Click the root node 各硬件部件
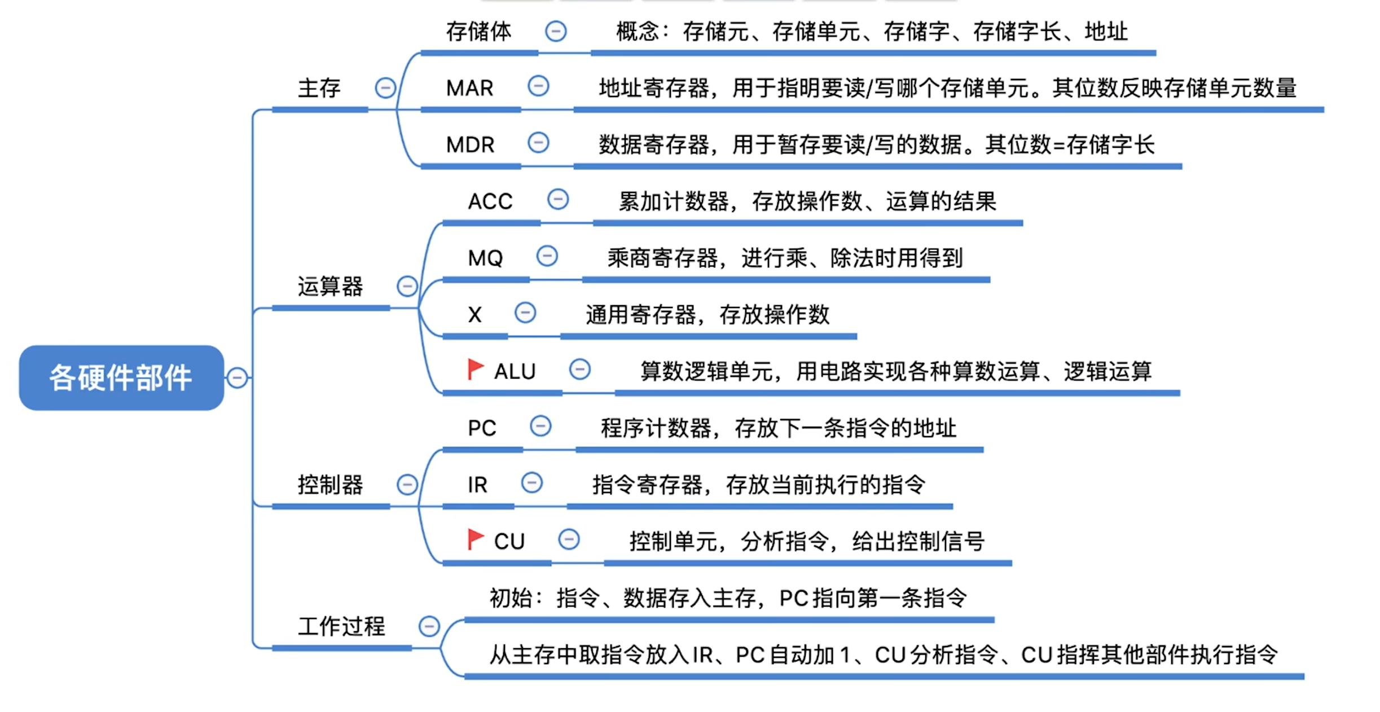tap(121, 377)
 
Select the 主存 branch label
tap(319, 88)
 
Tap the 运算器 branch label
tap(330, 286)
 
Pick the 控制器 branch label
tap(330, 485)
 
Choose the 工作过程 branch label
tap(341, 626)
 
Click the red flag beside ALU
tap(476, 369)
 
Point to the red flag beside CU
tap(476, 539)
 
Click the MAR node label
tap(469, 88)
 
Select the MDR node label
tap(470, 145)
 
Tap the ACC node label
tap(490, 201)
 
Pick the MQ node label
tap(485, 258)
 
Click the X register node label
tap(475, 315)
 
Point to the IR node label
tap(477, 485)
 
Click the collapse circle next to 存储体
tap(556, 31)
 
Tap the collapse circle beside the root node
tap(237, 377)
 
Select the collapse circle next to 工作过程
tap(429, 626)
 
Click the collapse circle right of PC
tap(540, 426)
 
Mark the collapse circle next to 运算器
tap(407, 286)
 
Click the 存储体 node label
tap(478, 32)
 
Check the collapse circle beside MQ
tap(547, 256)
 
